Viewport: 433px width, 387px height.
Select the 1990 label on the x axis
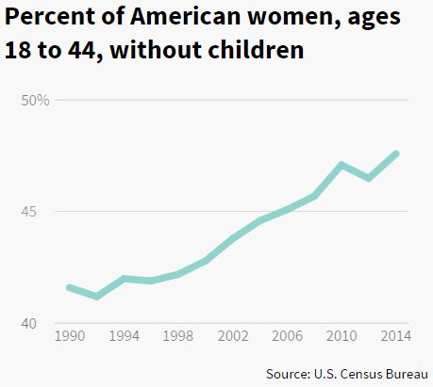[69, 335]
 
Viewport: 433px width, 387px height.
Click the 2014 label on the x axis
[394, 335]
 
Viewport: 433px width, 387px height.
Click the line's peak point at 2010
[341, 165]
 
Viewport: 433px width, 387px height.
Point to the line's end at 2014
[396, 153]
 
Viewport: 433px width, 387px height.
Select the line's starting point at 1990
[69, 287]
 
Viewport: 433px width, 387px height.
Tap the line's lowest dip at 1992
[96, 297]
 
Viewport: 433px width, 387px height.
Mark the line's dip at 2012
[369, 178]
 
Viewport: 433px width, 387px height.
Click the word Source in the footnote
[289, 374]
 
